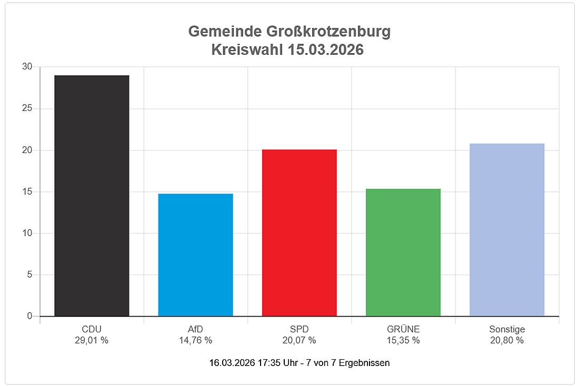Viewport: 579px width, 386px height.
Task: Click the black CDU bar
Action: coord(92,196)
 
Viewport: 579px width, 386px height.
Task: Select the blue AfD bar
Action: coord(195,255)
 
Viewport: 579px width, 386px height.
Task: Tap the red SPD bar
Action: coord(300,232)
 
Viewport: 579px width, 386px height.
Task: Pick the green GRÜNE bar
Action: coord(403,252)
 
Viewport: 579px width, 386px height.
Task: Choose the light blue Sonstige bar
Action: coord(507,229)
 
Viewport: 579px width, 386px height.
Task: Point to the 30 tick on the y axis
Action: coord(27,67)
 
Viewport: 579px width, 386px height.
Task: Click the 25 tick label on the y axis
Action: coord(27,108)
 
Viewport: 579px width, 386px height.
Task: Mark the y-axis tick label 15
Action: coord(27,191)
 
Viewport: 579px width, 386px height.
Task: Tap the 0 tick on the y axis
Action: coord(29,316)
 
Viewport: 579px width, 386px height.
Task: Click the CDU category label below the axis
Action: coord(92,329)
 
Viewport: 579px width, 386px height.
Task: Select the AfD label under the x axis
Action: coord(195,329)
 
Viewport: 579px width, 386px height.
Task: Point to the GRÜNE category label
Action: coord(403,329)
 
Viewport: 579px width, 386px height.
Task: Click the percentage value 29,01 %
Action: coord(92,340)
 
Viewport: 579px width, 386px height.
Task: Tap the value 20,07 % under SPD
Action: coord(300,340)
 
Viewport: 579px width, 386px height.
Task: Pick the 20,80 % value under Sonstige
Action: coord(507,340)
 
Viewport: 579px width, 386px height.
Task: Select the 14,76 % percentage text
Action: coord(195,340)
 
